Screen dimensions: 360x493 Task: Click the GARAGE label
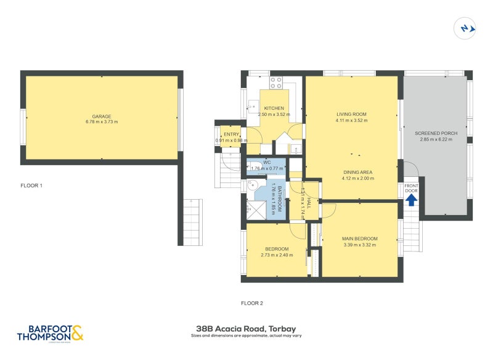point(102,116)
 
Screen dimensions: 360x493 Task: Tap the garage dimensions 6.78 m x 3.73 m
point(102,122)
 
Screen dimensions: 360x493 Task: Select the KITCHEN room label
point(274,108)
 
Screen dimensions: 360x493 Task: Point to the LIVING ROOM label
point(351,114)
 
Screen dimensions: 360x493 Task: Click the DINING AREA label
point(358,172)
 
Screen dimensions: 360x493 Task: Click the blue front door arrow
point(411,200)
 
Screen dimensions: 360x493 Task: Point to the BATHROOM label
point(279,199)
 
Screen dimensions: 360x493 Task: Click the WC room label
point(266,163)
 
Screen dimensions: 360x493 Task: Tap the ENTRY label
point(231,134)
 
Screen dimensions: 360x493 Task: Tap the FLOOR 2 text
point(252,303)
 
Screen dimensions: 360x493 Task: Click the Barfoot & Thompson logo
point(50,333)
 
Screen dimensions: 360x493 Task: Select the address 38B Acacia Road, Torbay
point(246,329)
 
